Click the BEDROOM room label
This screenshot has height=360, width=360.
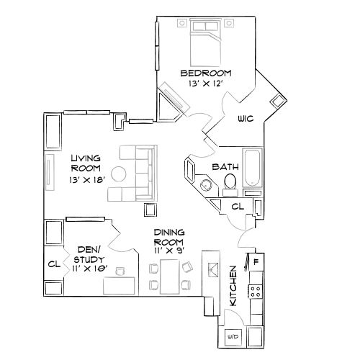point(205,73)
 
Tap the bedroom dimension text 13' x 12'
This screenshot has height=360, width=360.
point(205,84)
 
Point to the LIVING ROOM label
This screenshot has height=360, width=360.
point(85,163)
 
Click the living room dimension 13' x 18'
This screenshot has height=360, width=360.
point(86,179)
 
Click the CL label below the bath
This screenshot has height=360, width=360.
point(238,207)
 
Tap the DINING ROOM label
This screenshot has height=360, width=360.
point(170,238)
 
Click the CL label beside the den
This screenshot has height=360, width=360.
point(52,264)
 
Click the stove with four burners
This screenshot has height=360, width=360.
point(255,291)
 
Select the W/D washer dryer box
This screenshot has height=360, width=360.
point(233,336)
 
